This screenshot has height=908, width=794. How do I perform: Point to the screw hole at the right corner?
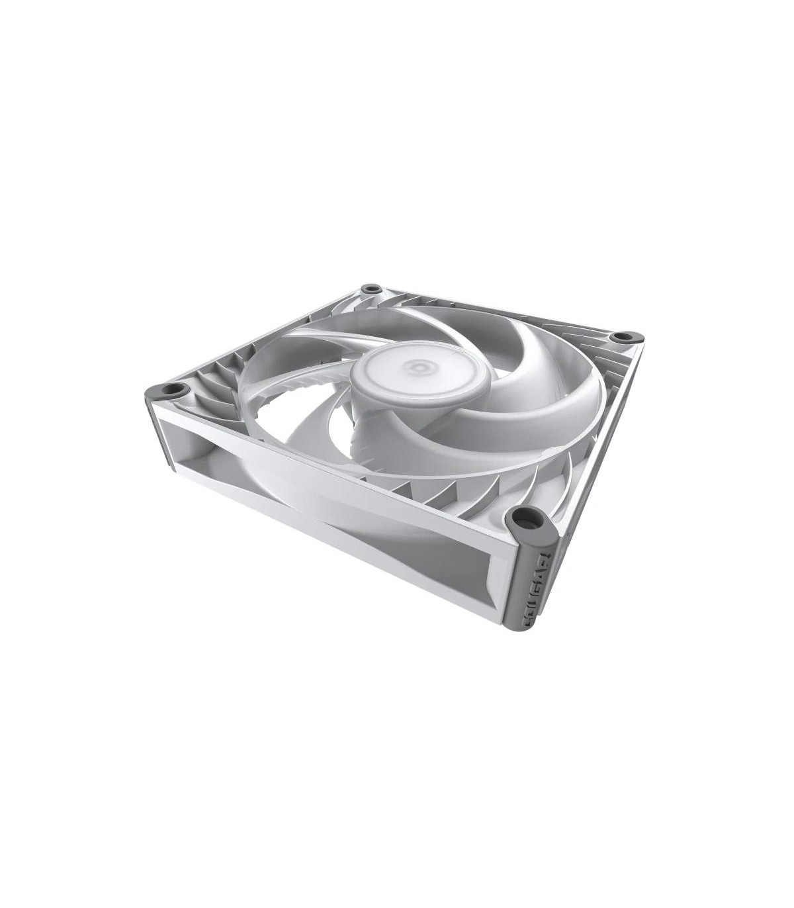pos(621,338)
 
